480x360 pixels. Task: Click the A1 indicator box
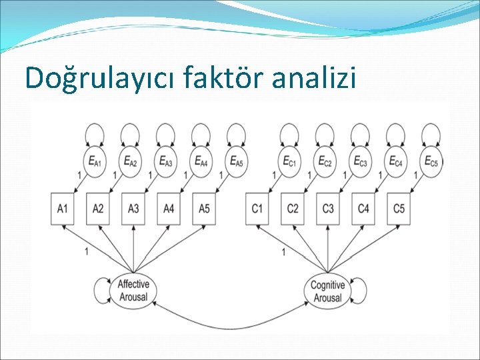(x=62, y=209)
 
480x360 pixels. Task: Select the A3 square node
(x=133, y=209)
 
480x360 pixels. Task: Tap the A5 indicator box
(x=204, y=209)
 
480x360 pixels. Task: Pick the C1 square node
(x=257, y=209)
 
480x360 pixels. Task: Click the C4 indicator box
(x=363, y=209)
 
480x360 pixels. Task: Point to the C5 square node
(x=399, y=209)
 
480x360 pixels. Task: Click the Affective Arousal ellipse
(x=133, y=291)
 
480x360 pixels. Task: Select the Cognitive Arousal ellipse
(x=328, y=291)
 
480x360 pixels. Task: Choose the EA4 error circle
(x=200, y=161)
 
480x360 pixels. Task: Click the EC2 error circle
(x=325, y=161)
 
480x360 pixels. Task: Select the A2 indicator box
(x=98, y=209)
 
